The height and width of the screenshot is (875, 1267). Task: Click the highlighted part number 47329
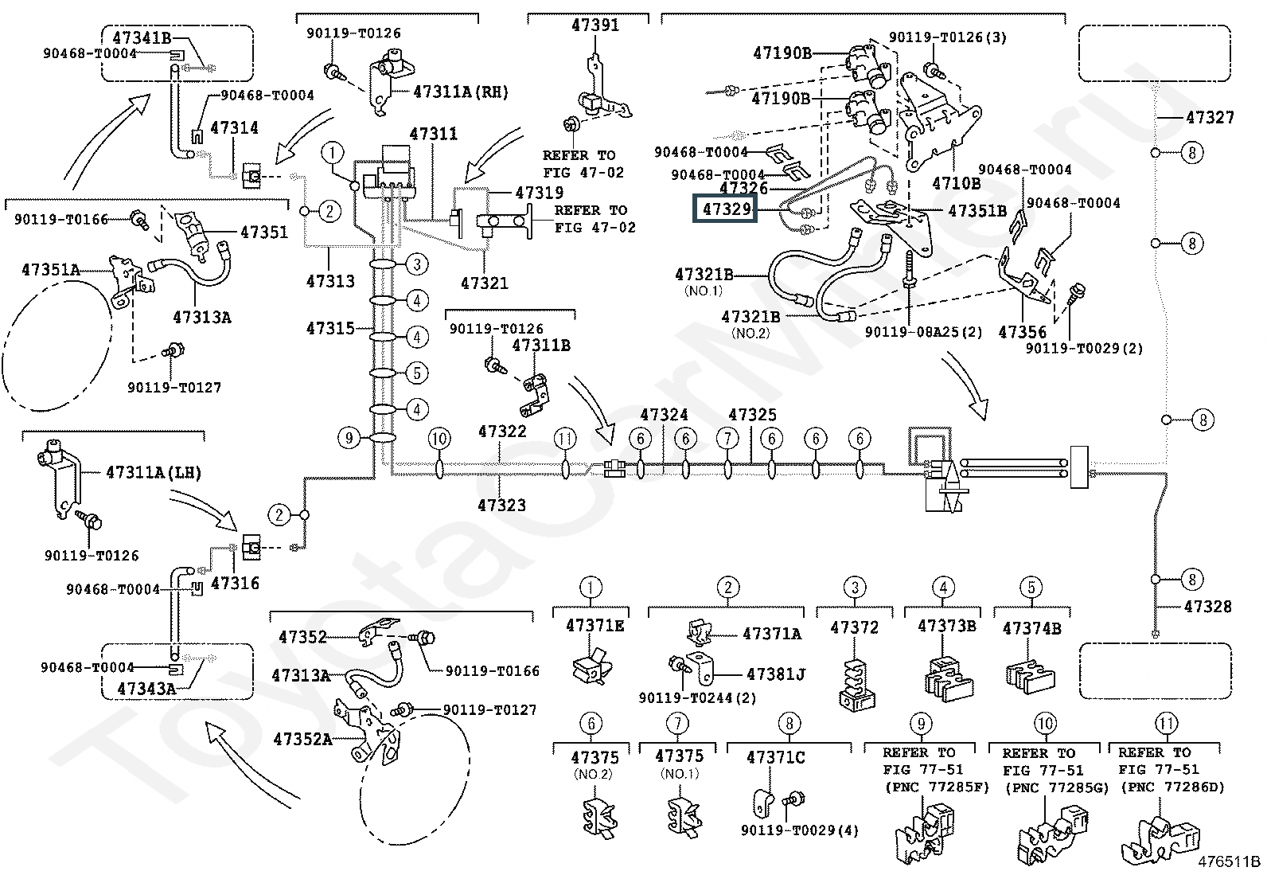[724, 210]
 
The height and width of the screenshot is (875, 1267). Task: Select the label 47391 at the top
[595, 25]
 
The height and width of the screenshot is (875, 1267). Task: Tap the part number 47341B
[141, 37]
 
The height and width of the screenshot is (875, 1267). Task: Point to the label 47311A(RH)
[460, 92]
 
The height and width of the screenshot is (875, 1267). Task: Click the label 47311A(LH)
[154, 472]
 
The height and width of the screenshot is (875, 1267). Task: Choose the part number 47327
[1210, 117]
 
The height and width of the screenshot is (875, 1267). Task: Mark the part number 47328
[1207, 607]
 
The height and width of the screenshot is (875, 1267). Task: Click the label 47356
[1022, 332]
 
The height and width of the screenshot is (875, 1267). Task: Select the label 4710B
[956, 183]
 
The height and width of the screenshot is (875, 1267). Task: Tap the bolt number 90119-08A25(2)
[922, 333]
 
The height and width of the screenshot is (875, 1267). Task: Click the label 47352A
[302, 739]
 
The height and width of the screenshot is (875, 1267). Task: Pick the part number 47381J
[775, 674]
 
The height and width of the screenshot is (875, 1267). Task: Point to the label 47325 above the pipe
[752, 415]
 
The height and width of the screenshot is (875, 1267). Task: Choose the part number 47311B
[540, 346]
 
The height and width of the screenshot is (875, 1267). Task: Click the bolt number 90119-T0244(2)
[697, 698]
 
